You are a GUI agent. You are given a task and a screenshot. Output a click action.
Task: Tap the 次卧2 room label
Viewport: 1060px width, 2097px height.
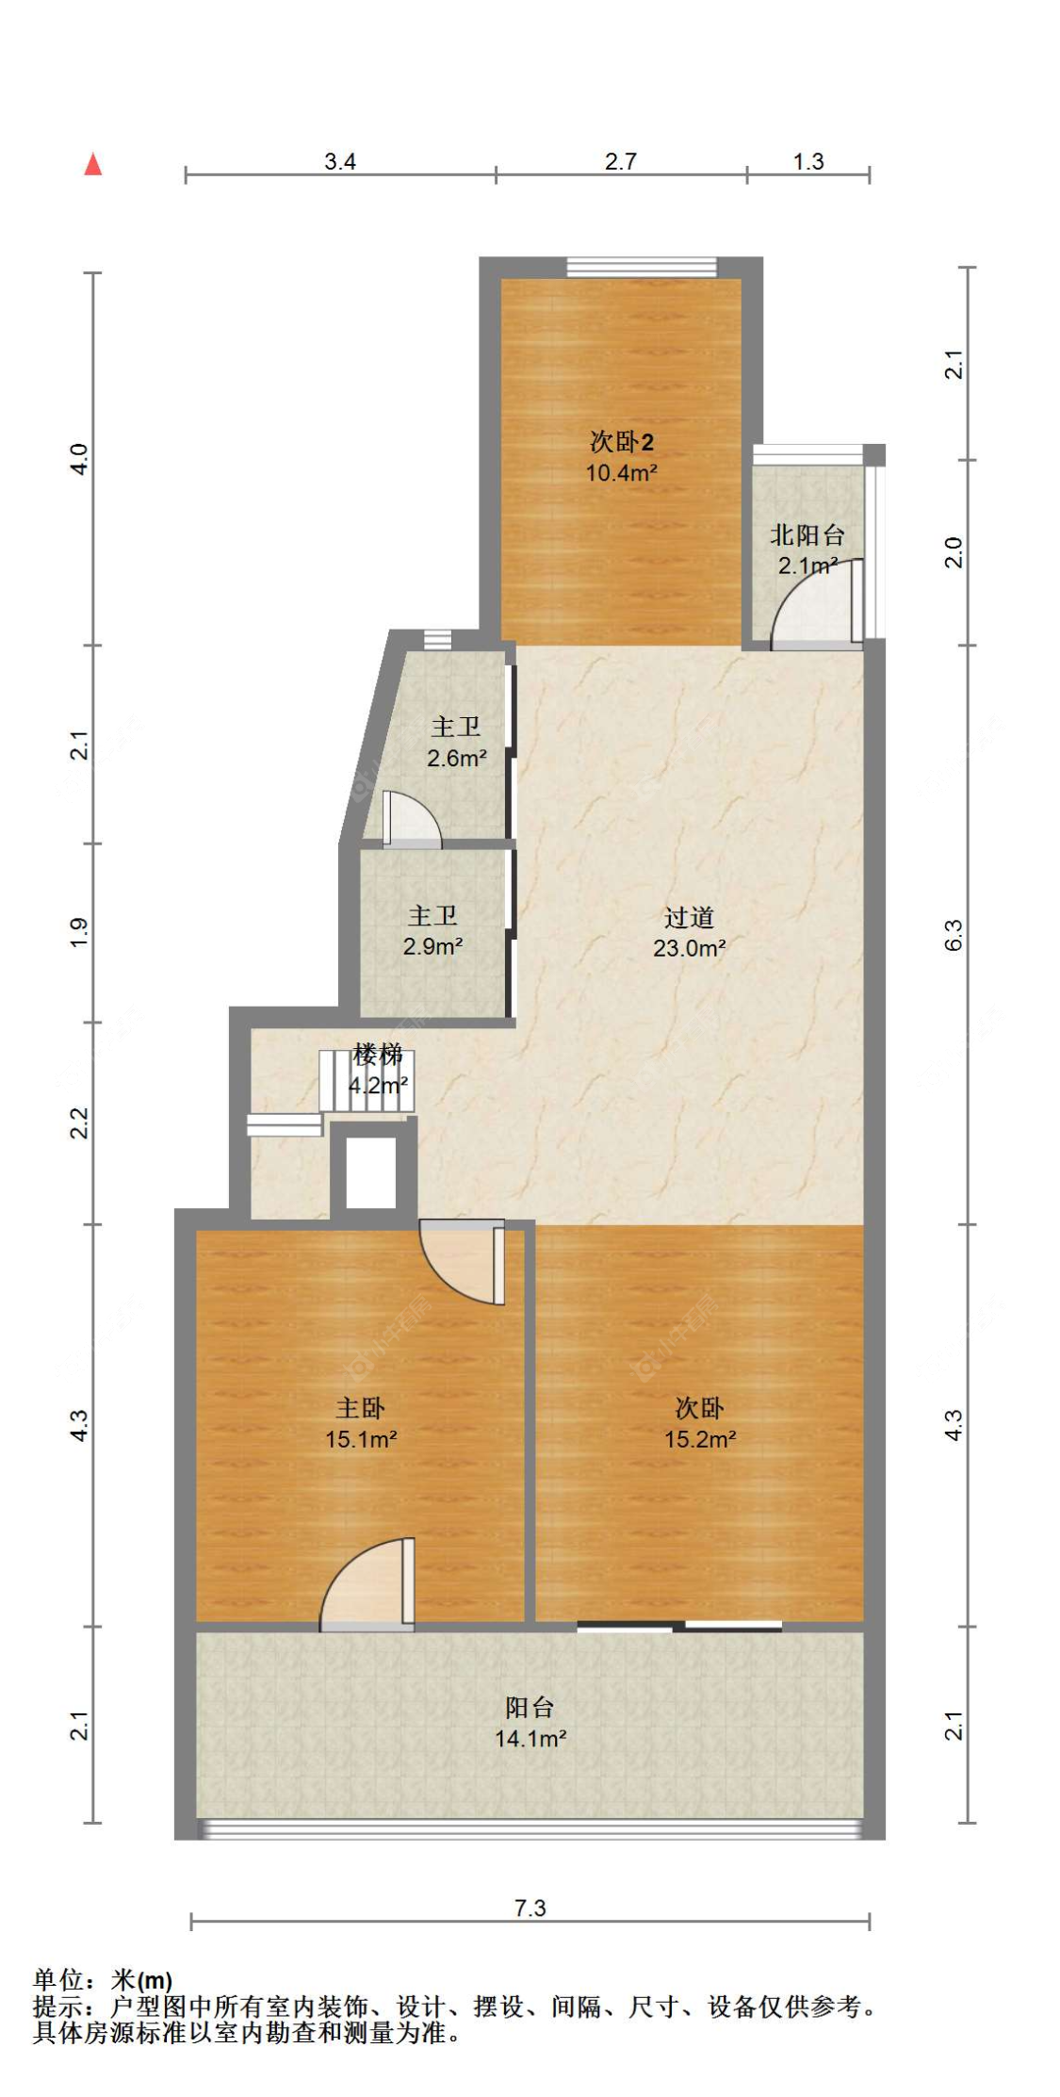point(621,440)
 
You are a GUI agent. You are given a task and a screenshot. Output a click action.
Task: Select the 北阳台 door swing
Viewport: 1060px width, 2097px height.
point(816,603)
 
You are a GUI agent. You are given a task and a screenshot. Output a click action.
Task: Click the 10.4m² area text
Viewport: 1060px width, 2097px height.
point(621,472)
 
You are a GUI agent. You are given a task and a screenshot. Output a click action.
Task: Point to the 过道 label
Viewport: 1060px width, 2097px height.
point(689,917)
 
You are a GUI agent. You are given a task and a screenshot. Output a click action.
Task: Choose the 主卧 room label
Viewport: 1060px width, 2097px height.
point(360,1408)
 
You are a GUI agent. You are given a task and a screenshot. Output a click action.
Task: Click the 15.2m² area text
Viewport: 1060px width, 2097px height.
point(700,1439)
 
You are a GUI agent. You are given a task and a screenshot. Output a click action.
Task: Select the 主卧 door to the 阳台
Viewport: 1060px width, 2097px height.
point(367,1584)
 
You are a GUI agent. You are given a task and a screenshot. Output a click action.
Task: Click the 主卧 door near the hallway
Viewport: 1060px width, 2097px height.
point(463,1262)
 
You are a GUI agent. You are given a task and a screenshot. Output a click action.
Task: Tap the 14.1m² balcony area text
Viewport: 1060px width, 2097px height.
point(530,1739)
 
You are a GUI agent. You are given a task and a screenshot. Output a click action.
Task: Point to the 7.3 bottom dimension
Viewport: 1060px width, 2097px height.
point(530,1909)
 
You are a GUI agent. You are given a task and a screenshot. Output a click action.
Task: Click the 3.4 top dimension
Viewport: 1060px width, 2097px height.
point(340,161)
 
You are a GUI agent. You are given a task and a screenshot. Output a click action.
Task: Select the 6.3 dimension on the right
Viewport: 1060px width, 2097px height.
point(954,935)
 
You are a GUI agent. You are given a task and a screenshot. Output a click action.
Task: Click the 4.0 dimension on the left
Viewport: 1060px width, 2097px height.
point(79,459)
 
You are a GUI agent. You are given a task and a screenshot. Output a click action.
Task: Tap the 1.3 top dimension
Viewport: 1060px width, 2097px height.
point(808,161)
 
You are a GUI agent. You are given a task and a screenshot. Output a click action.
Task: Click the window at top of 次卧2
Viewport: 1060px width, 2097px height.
point(642,268)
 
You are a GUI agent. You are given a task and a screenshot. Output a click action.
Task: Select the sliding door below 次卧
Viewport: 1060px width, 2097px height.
point(679,1625)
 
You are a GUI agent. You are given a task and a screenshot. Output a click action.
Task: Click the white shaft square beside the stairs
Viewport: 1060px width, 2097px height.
point(371,1172)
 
